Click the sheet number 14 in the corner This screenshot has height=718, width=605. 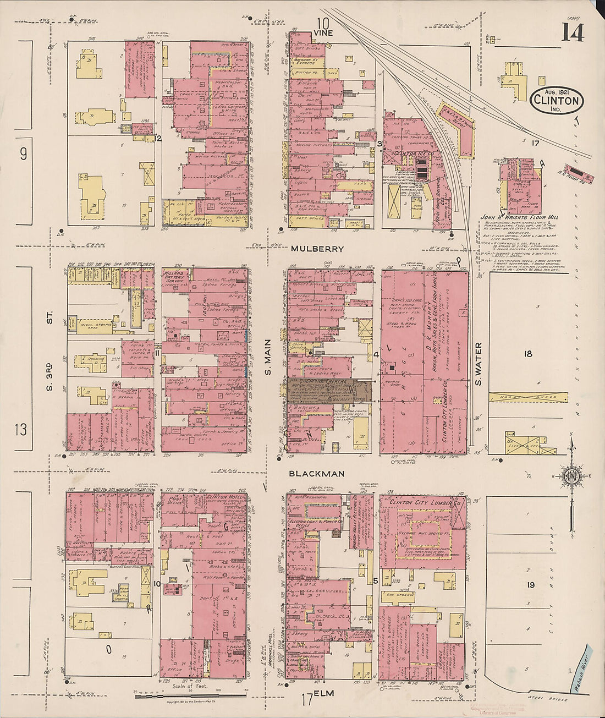[573, 32]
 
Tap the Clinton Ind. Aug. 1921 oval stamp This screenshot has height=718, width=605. [557, 101]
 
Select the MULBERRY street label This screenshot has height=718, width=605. [317, 249]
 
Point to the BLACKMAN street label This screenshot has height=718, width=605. [317, 473]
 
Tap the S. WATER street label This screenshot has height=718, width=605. [478, 364]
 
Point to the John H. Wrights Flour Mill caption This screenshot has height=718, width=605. [519, 217]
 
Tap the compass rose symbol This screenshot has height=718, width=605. [570, 475]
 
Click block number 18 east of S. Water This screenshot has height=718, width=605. [528, 354]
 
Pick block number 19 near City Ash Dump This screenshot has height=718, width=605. [529, 585]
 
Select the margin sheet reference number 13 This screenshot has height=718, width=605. [20, 429]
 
